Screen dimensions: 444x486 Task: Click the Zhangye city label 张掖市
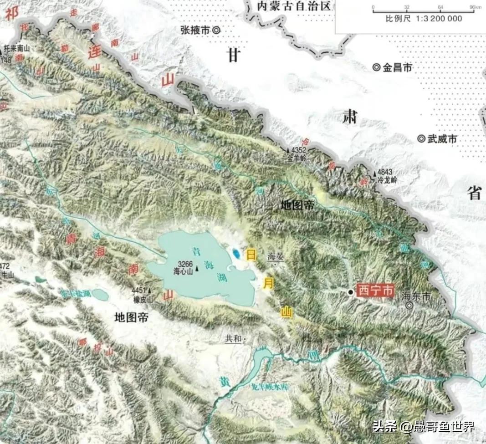(195, 30)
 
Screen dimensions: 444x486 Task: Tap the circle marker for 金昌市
(377, 67)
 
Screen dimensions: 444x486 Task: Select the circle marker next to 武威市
(421, 139)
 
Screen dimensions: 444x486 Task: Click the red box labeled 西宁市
(375, 291)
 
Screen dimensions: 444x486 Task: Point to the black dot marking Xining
(350, 292)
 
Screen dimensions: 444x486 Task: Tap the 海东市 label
(416, 296)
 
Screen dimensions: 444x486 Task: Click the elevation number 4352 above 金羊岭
(299, 150)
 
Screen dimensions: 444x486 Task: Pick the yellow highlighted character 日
(251, 255)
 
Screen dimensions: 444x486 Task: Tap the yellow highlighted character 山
(286, 313)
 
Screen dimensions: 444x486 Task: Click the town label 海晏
(276, 257)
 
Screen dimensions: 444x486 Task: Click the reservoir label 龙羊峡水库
(273, 387)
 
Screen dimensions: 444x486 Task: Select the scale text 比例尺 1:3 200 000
(424, 19)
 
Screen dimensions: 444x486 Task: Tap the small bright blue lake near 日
(236, 253)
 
